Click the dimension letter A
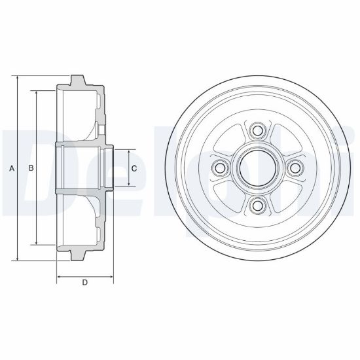click(x=12, y=168)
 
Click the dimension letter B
click(x=31, y=168)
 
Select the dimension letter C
click(x=134, y=168)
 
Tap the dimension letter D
click(x=85, y=282)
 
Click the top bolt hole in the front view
click(x=257, y=131)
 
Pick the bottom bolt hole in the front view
click(x=257, y=206)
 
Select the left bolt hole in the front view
click(x=220, y=168)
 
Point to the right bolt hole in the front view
click(x=295, y=168)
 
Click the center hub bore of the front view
click(x=257, y=168)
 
